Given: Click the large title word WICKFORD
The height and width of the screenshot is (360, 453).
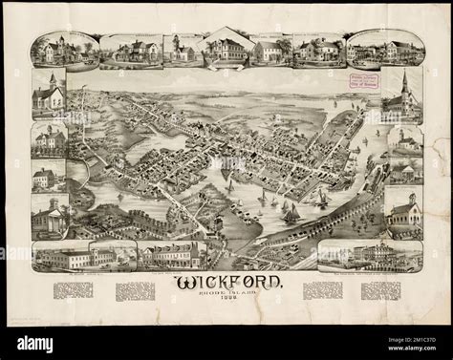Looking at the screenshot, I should click(x=226, y=283).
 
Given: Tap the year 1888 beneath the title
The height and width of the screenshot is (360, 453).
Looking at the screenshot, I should click(x=226, y=305).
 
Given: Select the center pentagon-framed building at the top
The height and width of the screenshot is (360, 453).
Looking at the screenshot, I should click(x=226, y=48).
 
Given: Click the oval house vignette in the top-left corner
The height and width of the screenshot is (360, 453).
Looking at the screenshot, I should click(x=64, y=49).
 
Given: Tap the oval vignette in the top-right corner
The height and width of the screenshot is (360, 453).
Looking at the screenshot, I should click(x=384, y=49).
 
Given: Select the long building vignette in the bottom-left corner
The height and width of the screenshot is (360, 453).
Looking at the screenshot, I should click(x=62, y=255).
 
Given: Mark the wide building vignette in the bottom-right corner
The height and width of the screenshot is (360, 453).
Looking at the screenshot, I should click(x=370, y=255).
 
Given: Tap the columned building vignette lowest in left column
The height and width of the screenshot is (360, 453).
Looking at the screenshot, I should click(x=49, y=218).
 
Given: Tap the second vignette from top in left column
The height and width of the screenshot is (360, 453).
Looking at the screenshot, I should click(x=49, y=139).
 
